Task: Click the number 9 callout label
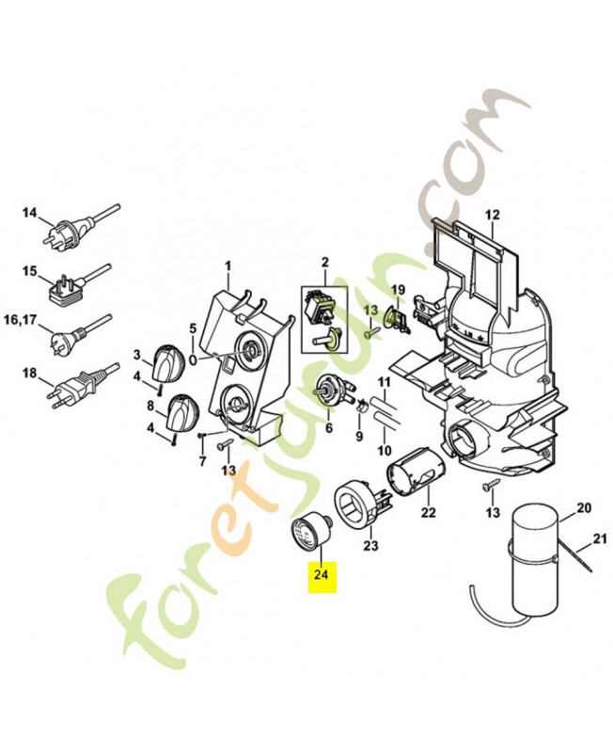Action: [x=358, y=437]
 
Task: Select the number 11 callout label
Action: [x=384, y=381]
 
